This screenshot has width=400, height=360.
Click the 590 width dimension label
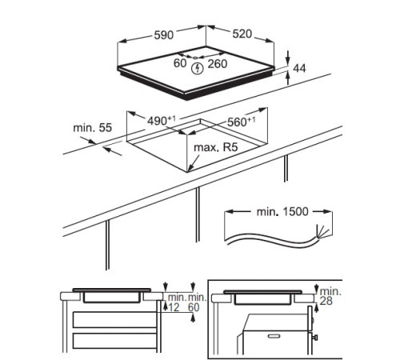[x=164, y=35]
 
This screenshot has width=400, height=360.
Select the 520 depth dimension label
[x=242, y=34]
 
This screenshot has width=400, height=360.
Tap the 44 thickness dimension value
[x=299, y=69]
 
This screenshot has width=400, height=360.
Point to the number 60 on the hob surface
[x=180, y=63]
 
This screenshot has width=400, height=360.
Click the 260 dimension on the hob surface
[x=218, y=64]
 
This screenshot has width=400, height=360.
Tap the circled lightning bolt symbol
[x=198, y=69]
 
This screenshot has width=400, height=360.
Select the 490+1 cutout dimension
[x=162, y=121]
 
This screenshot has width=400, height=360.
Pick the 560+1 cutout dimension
[x=242, y=122]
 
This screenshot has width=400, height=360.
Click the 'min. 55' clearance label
[x=93, y=128]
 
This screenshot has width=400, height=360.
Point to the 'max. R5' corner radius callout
[x=215, y=147]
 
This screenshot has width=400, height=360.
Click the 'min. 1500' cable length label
[x=282, y=212]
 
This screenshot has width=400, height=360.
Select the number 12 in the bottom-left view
[x=174, y=307]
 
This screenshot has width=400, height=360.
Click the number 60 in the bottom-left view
[x=194, y=307]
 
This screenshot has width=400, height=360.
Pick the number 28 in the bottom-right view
[x=326, y=301]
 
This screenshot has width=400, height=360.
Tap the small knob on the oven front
[x=314, y=338]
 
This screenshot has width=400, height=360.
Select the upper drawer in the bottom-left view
[x=114, y=320]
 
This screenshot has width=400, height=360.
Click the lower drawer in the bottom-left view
[x=114, y=341]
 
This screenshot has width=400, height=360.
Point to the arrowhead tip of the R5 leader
[x=188, y=170]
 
